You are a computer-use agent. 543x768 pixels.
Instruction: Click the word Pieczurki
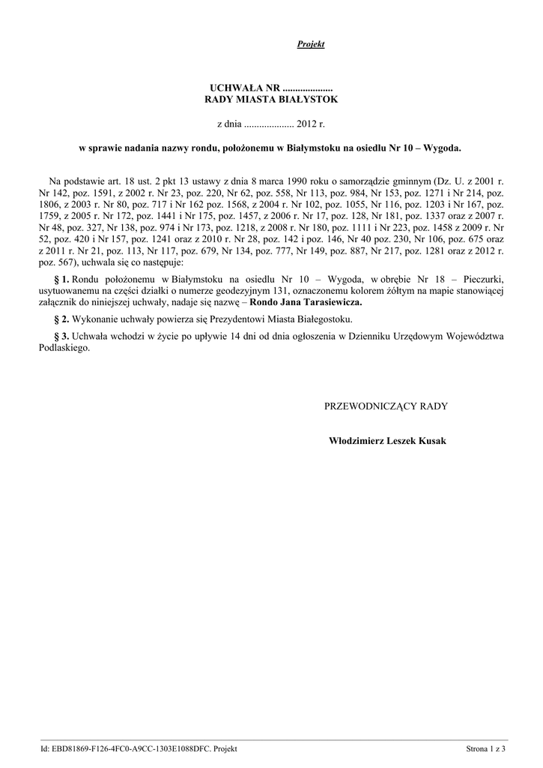[x=480, y=279]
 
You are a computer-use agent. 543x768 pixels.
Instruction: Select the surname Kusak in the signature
[x=431, y=441]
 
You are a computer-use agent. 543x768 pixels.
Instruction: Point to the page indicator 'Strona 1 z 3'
[x=486, y=748]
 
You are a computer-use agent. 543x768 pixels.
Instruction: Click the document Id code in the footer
[x=127, y=748]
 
